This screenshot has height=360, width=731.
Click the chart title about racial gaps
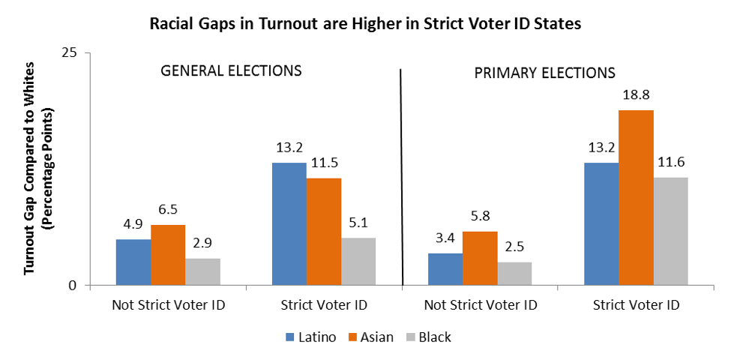365,24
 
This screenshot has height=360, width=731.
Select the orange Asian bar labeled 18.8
637,198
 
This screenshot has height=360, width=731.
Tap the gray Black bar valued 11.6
671,231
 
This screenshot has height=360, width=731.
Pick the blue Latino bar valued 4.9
133,262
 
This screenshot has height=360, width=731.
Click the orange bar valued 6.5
168,255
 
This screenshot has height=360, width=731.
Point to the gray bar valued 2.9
202,271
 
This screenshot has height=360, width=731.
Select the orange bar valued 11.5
324,232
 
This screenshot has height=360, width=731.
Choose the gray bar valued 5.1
358,262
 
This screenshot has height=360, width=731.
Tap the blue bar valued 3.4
445,269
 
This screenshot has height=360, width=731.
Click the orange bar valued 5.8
480,258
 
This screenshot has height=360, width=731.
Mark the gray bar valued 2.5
514,274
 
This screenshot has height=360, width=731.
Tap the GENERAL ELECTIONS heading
232,71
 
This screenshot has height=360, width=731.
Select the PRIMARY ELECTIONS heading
545,73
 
